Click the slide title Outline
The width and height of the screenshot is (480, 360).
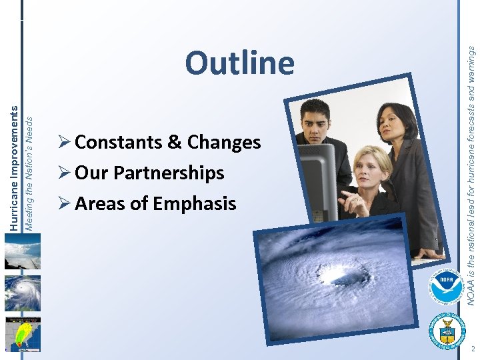pos(239,63)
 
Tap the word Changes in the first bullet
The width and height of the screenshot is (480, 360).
pos(224,143)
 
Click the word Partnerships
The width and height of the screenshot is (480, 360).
pos(169,173)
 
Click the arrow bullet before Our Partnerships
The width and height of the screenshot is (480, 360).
pos(65,173)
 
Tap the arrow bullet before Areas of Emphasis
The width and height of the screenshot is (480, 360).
pos(65,203)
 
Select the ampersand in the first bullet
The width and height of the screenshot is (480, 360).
pos(173,143)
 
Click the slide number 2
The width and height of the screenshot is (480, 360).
pos(471,349)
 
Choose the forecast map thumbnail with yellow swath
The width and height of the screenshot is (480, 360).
pos(23,333)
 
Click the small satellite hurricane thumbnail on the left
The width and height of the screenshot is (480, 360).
pos(23,293)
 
